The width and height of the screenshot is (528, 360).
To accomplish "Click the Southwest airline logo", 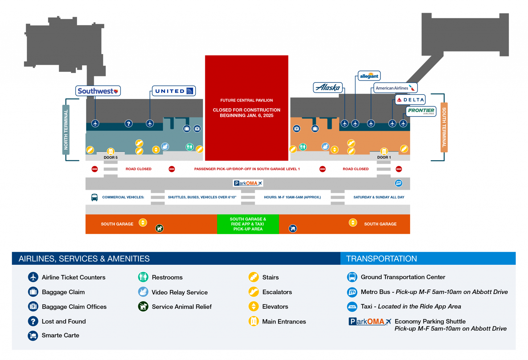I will pyautogui.click(x=98, y=91).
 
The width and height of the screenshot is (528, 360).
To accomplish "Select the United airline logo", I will pyautogui.click(x=174, y=91).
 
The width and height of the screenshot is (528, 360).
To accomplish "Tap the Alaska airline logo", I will pyautogui.click(x=328, y=88).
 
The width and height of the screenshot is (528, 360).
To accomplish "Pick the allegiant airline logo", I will pyautogui.click(x=369, y=76).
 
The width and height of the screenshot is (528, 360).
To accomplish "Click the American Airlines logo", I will pyautogui.click(x=395, y=88).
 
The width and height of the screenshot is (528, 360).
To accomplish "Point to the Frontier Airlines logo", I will pyautogui.click(x=421, y=111).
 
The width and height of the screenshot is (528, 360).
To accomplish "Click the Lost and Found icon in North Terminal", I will pyautogui.click(x=129, y=123).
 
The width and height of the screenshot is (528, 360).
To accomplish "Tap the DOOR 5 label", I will pyautogui.click(x=111, y=157).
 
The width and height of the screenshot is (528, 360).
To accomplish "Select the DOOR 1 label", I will pyautogui.click(x=384, y=157).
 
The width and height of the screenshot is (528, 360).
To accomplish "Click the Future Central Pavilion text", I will pyautogui.click(x=246, y=100).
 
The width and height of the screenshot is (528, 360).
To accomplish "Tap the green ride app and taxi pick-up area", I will pyautogui.click(x=248, y=224).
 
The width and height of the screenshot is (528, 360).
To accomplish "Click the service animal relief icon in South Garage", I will pyautogui.click(x=159, y=228).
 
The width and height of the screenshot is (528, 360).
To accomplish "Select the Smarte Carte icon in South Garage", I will pyautogui.click(x=293, y=228).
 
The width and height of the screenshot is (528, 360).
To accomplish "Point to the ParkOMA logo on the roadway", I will pyautogui.click(x=247, y=183).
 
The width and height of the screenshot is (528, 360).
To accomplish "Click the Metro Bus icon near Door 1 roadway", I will pyautogui.click(x=399, y=183).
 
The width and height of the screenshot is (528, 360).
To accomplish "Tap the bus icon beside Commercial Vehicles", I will pyautogui.click(x=95, y=197).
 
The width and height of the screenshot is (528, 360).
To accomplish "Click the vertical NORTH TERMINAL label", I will pyautogui.click(x=66, y=130).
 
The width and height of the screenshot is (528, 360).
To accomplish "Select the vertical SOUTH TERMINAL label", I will pyautogui.click(x=444, y=127).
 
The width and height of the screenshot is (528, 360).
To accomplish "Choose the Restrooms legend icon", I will pyautogui.click(x=143, y=277).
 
